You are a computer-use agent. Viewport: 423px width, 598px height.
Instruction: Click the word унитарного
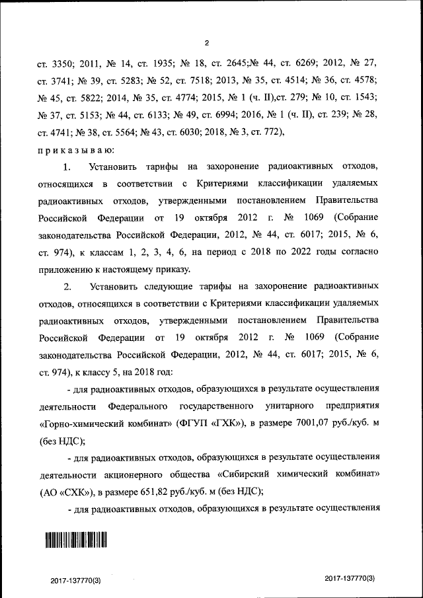click(291, 404)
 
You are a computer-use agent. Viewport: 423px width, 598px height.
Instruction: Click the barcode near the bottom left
click(75, 541)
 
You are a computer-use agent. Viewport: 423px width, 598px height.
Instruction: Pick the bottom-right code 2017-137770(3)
click(350, 578)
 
